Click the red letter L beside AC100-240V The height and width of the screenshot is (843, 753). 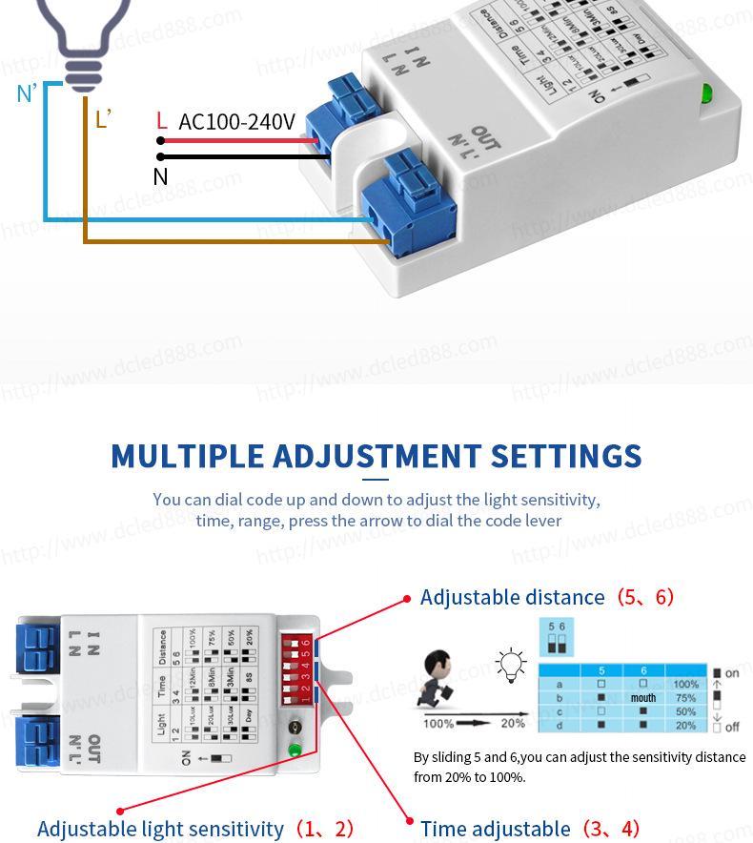[161, 121]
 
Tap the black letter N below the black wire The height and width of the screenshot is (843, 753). [160, 176]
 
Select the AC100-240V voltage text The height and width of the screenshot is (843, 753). [237, 121]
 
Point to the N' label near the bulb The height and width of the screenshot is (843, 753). [27, 93]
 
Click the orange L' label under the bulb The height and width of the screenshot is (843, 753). [103, 119]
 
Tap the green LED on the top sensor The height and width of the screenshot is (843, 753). [706, 93]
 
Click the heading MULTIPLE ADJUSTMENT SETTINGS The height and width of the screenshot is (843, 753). [376, 456]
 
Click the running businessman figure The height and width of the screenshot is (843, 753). [441, 678]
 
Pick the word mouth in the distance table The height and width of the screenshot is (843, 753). [643, 698]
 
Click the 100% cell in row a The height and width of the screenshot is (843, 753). [685, 685]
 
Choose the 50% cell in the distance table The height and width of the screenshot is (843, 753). [685, 712]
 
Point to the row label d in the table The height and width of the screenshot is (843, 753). [560, 726]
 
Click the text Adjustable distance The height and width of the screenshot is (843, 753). [512, 598]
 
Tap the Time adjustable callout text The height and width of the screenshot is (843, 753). [495, 829]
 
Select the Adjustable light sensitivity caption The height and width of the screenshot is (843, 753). [160, 829]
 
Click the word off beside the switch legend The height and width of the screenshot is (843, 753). [732, 727]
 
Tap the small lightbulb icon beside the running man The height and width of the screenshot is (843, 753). [512, 662]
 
